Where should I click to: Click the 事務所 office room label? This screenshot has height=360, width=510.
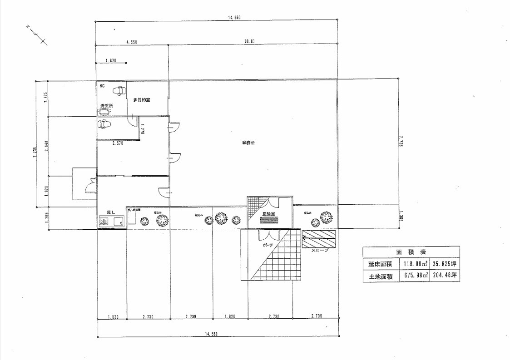pos(248,143)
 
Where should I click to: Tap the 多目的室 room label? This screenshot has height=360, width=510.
pos(142,99)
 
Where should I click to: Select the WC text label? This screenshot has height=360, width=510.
pos(102,85)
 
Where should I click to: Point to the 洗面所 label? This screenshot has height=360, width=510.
pos(106,106)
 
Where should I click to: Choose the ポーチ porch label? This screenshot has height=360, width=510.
pos(268,245)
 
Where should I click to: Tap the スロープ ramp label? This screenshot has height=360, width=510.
pos(320,250)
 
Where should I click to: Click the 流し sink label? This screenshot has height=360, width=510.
pos(111,212)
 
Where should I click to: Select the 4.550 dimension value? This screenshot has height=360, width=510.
pos(132,42)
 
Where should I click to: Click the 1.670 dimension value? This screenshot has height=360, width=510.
pos(111,60)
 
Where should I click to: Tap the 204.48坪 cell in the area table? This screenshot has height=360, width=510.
pos(444,275)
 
